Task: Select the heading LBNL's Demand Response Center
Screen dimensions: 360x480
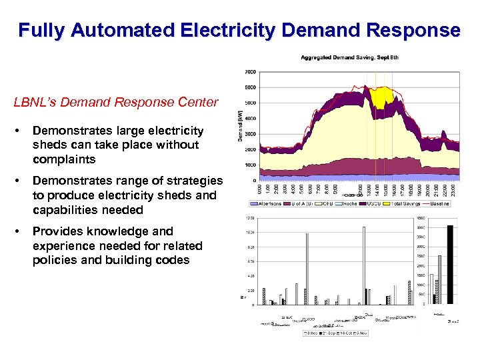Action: [x=116, y=103]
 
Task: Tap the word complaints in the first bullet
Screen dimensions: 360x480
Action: [x=64, y=159]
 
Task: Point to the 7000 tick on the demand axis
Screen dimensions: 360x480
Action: [x=250, y=72]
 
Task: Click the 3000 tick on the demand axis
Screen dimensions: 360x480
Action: [x=250, y=134]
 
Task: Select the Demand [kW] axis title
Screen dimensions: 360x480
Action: [x=241, y=126]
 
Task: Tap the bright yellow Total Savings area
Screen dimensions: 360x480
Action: [x=381, y=98]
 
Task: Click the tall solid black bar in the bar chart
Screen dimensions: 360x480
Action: [x=451, y=265]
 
